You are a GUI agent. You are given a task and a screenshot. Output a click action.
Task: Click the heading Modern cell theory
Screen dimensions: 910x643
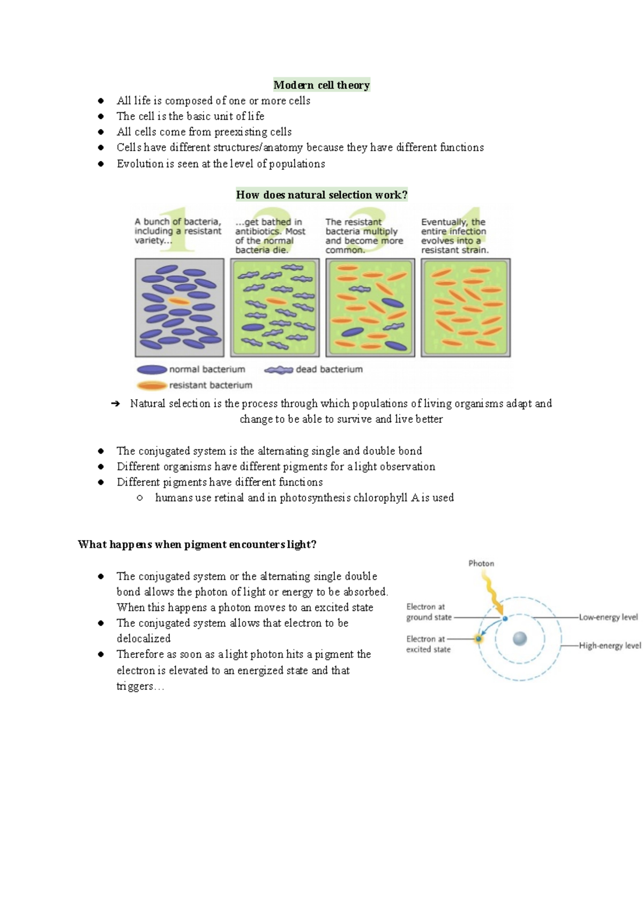pyautogui.click(x=322, y=85)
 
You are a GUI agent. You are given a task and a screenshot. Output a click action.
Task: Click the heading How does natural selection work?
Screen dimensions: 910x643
pyautogui.click(x=322, y=195)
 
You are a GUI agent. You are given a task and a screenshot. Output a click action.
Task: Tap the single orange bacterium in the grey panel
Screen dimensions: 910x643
pyautogui.click(x=179, y=301)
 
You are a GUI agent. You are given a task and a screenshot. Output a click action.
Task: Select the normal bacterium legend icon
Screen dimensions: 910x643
pyautogui.click(x=152, y=370)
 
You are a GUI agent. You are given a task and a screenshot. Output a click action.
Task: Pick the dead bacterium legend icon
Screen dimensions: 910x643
pyautogui.click(x=279, y=370)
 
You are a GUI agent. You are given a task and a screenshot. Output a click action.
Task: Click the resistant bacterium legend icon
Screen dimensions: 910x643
pyautogui.click(x=152, y=385)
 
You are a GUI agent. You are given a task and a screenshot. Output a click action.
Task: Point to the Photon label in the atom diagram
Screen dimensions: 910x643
pyautogui.click(x=481, y=563)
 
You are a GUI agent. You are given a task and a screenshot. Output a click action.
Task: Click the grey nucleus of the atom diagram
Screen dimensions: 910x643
pyautogui.click(x=520, y=638)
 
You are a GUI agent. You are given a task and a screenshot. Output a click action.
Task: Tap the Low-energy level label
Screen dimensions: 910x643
pyautogui.click(x=608, y=617)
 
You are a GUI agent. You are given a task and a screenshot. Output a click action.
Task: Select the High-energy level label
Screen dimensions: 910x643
pyautogui.click(x=610, y=646)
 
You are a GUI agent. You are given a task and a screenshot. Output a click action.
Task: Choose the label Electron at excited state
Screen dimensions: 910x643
pyautogui.click(x=428, y=644)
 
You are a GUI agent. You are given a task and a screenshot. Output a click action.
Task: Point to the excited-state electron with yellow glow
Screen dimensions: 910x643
pyautogui.click(x=478, y=638)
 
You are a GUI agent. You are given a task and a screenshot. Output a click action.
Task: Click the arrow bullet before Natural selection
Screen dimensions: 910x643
pyautogui.click(x=115, y=404)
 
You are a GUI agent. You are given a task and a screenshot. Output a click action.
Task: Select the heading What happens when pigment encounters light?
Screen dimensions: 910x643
pyautogui.click(x=197, y=544)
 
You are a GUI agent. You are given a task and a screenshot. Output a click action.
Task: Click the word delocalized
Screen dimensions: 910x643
pyautogui.click(x=144, y=639)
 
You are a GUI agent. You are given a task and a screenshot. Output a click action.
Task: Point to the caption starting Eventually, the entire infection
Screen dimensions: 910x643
pyautogui.click(x=454, y=236)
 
